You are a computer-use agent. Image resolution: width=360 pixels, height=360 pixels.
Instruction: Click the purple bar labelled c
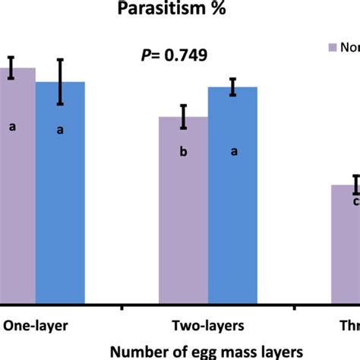[346, 243]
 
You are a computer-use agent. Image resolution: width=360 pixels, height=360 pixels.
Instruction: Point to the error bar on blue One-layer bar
[60, 82]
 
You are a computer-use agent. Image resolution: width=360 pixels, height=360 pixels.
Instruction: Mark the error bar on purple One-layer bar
[11, 67]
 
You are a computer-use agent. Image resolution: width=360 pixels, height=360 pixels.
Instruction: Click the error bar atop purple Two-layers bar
[183, 116]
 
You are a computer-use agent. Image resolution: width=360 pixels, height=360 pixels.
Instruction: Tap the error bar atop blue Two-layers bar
[233, 87]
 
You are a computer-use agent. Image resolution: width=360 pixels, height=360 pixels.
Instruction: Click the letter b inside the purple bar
[183, 153]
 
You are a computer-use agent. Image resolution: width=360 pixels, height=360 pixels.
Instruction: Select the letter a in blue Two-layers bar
[234, 151]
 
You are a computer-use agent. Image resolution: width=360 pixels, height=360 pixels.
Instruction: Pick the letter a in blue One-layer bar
[60, 131]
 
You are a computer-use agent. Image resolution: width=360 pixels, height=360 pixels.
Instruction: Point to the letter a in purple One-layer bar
[11, 127]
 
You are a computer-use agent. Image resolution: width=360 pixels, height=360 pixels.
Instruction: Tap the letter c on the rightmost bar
[355, 201]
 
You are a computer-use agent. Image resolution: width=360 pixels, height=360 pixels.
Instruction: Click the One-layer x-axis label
[36, 326]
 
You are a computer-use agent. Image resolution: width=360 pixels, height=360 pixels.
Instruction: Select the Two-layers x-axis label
[207, 326]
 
